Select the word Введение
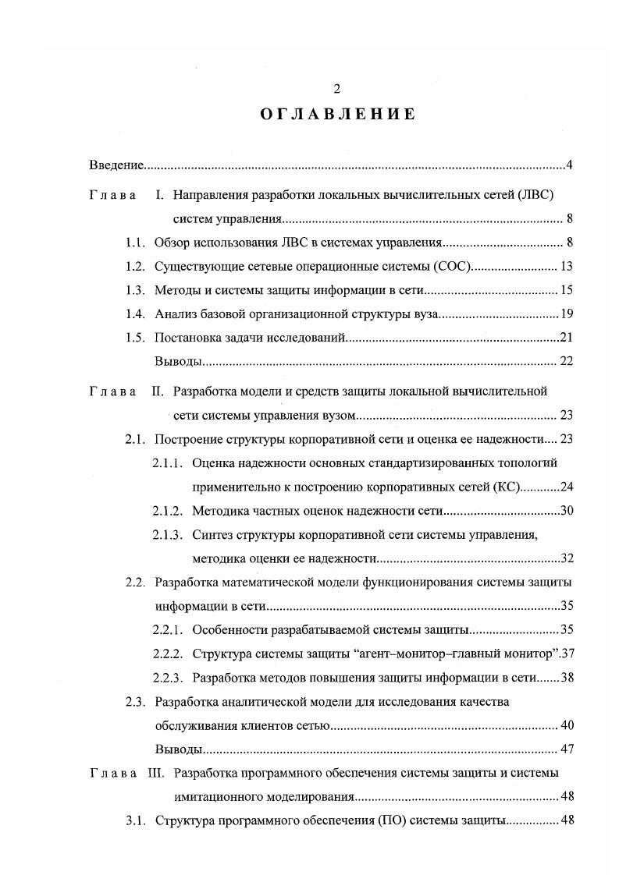[x=117, y=165]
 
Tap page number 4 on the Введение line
[x=571, y=165]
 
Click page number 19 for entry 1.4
[x=567, y=315]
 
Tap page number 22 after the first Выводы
[x=567, y=362]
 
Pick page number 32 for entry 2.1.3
[x=567, y=558]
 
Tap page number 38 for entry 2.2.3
[x=567, y=678]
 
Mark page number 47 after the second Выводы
[x=567, y=749]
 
